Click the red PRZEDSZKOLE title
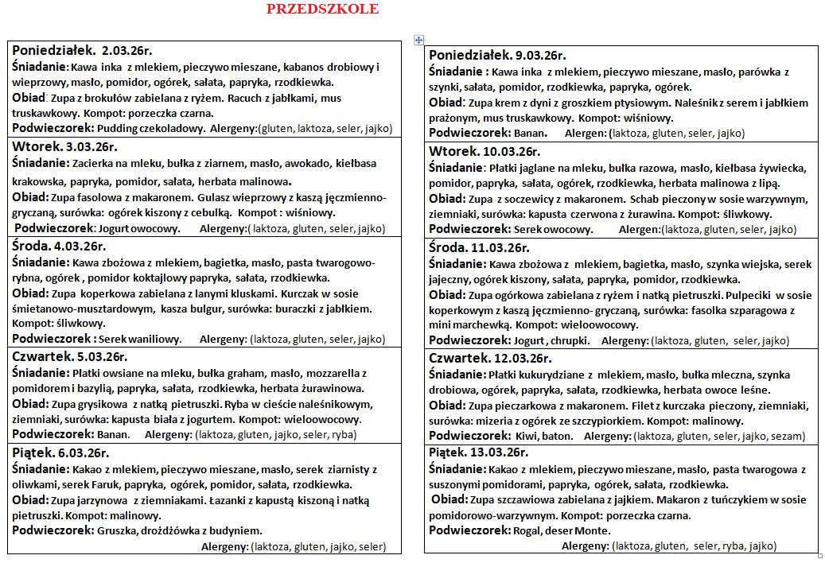coord(322,10)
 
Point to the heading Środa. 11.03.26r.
coord(479,247)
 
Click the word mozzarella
coord(335,373)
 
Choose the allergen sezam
coord(788,436)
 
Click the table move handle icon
coord(418,40)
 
